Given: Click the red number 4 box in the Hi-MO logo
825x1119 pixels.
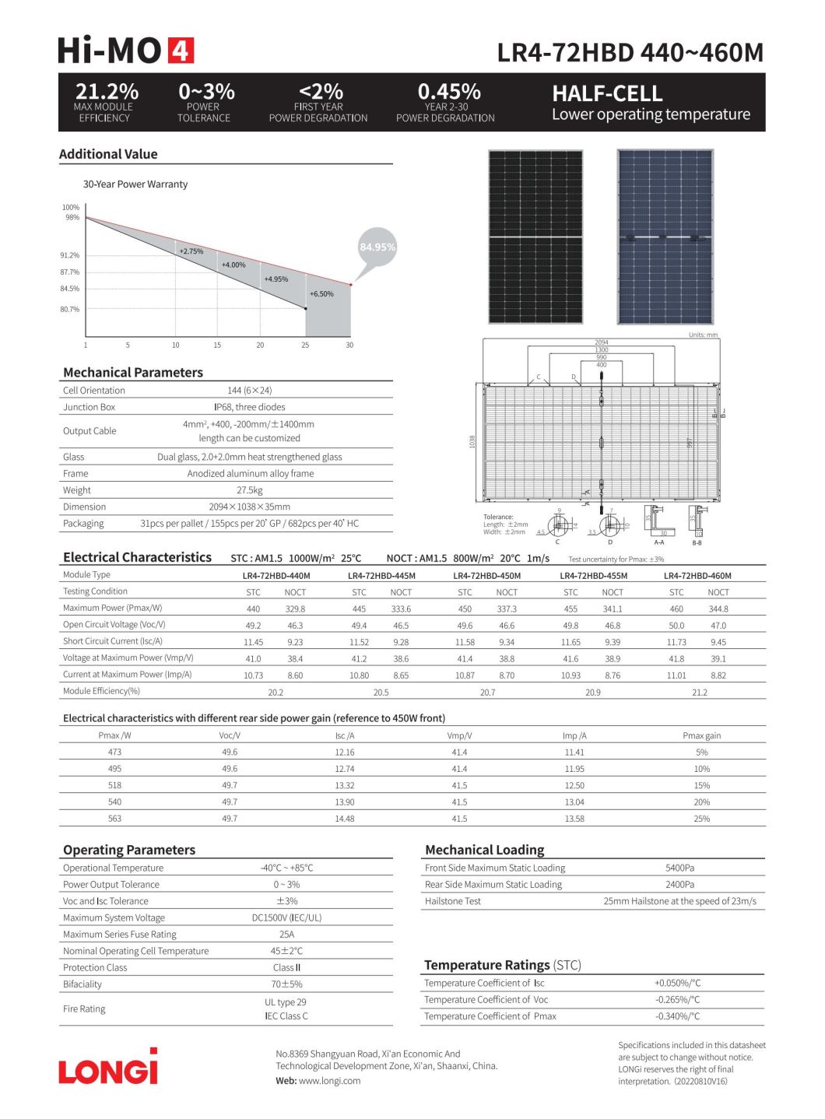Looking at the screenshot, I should (180, 51).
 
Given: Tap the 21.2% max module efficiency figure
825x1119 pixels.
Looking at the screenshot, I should (107, 92).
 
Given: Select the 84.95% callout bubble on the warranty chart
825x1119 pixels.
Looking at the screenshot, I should (377, 247).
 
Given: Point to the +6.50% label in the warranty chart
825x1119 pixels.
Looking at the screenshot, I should (321, 294).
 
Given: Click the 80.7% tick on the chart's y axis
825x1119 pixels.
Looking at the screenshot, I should (70, 309).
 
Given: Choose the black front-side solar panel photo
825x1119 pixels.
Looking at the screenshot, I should (535, 237).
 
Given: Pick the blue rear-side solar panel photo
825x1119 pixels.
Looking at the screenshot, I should (665, 237).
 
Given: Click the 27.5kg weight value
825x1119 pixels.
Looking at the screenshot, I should (250, 490).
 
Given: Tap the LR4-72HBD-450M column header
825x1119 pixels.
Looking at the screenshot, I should (486, 576).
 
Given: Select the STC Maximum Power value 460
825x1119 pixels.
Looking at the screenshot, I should (676, 609).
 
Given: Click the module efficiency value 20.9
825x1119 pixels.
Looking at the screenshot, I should (593, 692).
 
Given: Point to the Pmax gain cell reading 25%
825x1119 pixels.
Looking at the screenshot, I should (701, 819).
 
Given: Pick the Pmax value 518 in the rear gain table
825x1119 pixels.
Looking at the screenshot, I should (114, 785).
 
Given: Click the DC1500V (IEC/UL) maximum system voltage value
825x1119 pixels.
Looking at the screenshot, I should (286, 917).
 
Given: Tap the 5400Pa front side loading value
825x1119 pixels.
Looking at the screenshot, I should (679, 868).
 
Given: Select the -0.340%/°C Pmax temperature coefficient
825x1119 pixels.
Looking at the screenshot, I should (677, 1016).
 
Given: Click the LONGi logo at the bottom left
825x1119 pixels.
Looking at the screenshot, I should (108, 1067).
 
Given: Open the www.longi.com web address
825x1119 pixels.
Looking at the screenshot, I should (329, 1080).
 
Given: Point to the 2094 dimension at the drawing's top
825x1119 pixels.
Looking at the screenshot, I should (601, 342).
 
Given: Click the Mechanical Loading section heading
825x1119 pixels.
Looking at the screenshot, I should (484, 850).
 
